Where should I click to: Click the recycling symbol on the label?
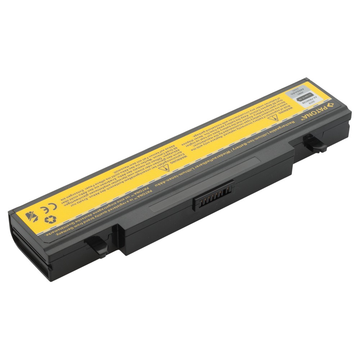tap(50, 219)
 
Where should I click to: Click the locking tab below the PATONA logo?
tap(315, 143)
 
